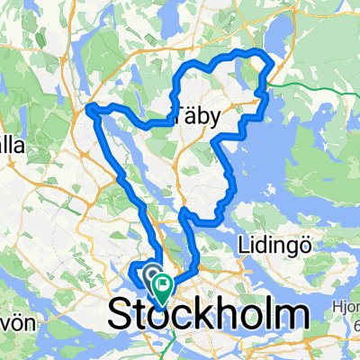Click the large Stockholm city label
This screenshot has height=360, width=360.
[209, 316]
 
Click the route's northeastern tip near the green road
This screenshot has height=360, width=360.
[269, 61]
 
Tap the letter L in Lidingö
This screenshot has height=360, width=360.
[243, 246]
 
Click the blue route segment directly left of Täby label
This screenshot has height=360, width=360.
[153, 122]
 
